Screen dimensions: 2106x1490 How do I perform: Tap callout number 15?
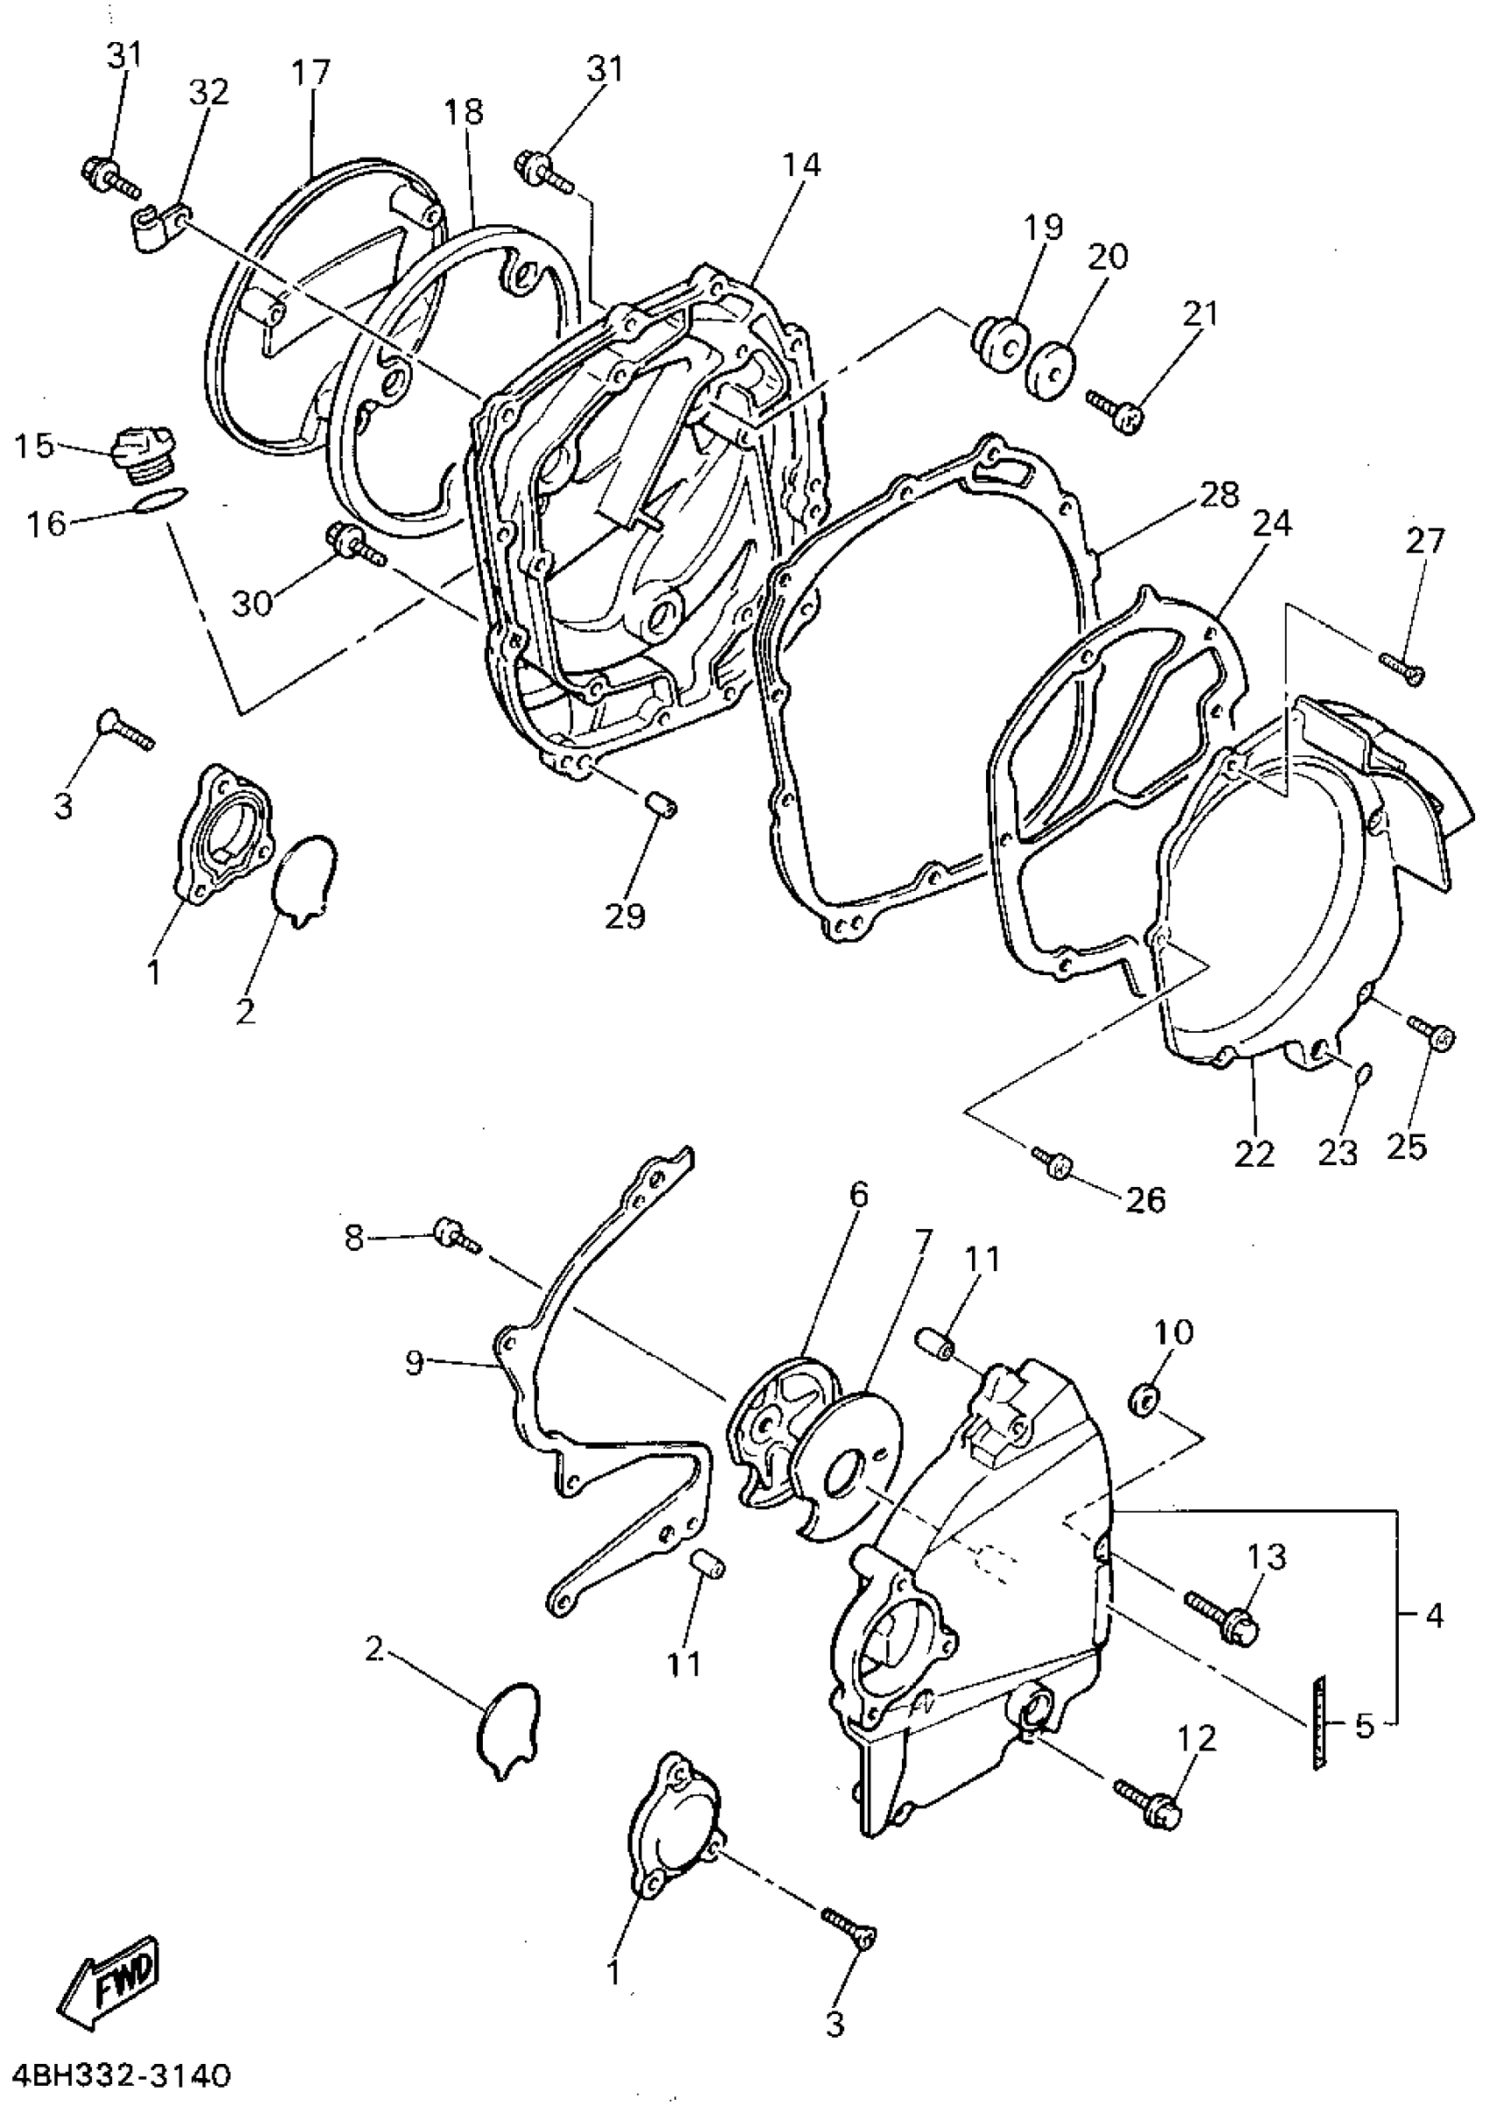34,447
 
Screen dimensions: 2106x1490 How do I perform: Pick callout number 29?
626,915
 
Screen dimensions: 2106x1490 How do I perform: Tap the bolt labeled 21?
1116,411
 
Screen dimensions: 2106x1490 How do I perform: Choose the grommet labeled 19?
999,346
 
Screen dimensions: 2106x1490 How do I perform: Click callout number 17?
311,73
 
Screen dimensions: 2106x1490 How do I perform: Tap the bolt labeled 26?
1054,1164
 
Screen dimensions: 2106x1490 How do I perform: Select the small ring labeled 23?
1362,1072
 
